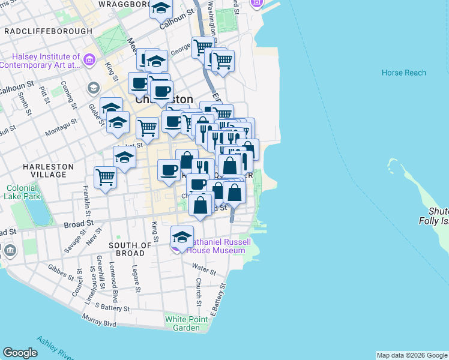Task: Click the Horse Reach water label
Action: pyautogui.click(x=403, y=73)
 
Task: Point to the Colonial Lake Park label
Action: pyautogui.click(x=22, y=191)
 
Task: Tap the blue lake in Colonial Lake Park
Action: pyautogui.click(x=37, y=211)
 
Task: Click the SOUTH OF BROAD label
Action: pyautogui.click(x=130, y=250)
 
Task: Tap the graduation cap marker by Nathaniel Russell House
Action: pyautogui.click(x=182, y=236)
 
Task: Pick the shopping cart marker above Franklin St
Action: pyautogui.click(x=105, y=177)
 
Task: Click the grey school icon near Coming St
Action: pyautogui.click(x=93, y=88)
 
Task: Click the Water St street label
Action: pyautogui.click(x=205, y=271)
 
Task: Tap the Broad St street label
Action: pyautogui.click(x=79, y=224)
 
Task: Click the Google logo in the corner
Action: pyautogui.click(x=20, y=352)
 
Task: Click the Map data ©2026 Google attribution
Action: pyautogui.click(x=412, y=355)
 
